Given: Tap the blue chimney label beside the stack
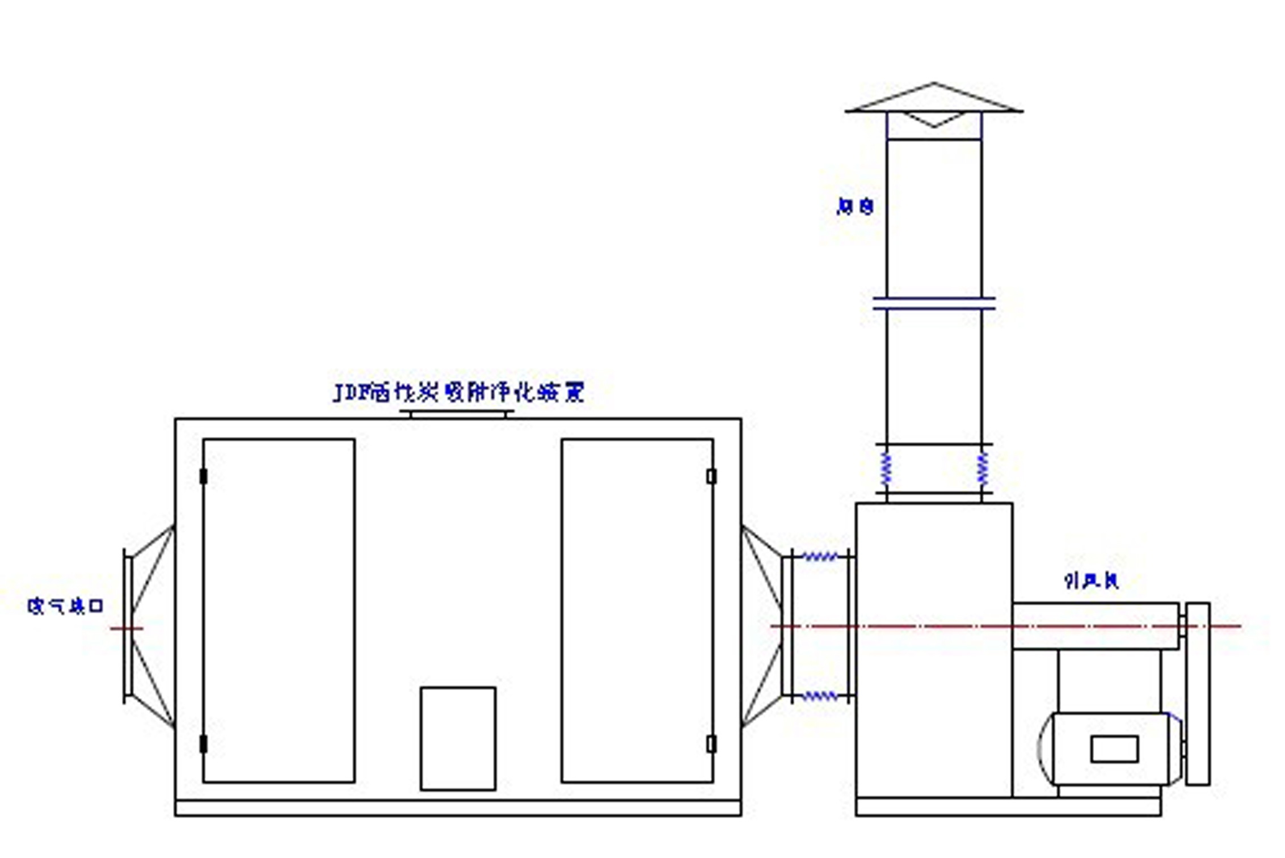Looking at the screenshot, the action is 855,207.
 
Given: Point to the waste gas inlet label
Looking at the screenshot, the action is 65,606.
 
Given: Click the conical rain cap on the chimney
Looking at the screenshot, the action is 934,99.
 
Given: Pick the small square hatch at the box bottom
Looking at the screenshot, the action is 458,738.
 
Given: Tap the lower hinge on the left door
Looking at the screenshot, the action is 204,744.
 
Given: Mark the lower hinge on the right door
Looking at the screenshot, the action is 711,744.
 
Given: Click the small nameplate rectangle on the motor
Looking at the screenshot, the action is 1114,749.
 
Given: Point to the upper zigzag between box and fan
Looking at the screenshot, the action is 820,557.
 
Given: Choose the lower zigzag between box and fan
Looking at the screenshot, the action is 820,696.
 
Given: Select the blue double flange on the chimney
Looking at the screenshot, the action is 934,304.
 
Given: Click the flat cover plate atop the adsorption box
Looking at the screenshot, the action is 457,414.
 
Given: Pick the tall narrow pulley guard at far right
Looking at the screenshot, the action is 1198,694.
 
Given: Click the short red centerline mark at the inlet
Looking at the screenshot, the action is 127,628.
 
